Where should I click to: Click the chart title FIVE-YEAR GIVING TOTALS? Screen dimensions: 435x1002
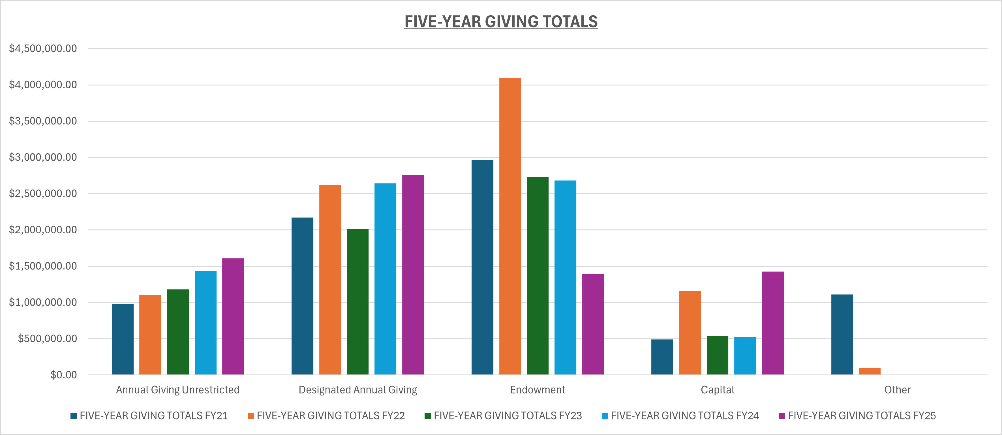click(x=501, y=22)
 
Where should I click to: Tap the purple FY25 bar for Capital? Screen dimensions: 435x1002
click(x=772, y=323)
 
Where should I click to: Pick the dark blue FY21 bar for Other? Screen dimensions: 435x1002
click(x=842, y=334)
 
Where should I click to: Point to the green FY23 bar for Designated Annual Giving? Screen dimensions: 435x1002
click(x=358, y=302)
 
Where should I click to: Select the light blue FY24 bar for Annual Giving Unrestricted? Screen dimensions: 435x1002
click(x=205, y=323)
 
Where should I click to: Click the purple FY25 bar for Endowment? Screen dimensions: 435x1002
click(x=593, y=324)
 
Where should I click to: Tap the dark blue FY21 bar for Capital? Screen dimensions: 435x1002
click(x=662, y=357)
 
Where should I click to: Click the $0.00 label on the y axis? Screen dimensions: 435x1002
click(x=64, y=375)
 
